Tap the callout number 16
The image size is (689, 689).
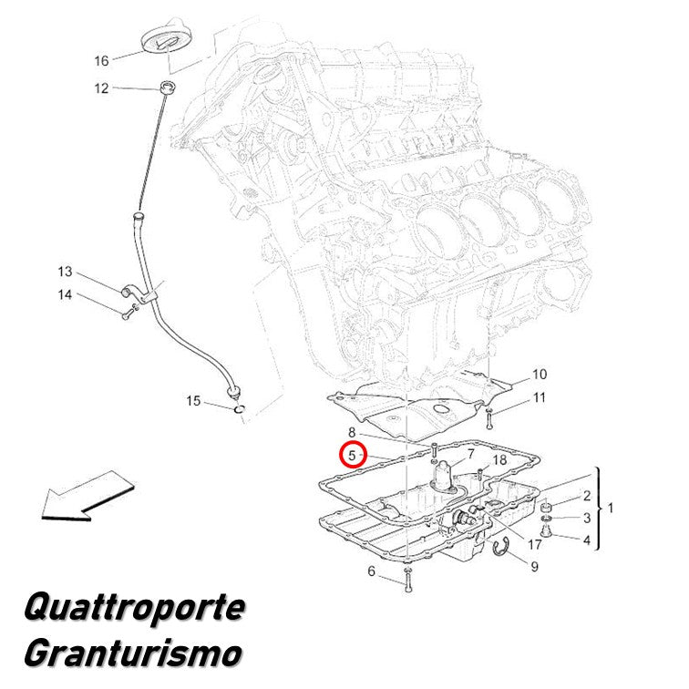(101, 61)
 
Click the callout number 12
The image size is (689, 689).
(101, 88)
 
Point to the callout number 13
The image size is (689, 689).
(65, 272)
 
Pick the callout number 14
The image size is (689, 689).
(65, 294)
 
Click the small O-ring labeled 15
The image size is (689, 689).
(239, 409)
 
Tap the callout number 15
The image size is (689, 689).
(193, 401)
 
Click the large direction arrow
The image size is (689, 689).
(87, 496)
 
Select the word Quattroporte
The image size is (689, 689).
(135, 607)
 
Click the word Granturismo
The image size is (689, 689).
(133, 653)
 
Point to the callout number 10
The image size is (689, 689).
(540, 375)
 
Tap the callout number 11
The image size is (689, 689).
(540, 397)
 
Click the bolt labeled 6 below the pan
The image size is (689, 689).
(408, 580)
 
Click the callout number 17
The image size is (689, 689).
(535, 545)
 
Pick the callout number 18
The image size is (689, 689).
(500, 460)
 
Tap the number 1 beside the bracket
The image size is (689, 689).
(611, 508)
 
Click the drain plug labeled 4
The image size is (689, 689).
(546, 531)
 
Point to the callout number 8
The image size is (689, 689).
(352, 432)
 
